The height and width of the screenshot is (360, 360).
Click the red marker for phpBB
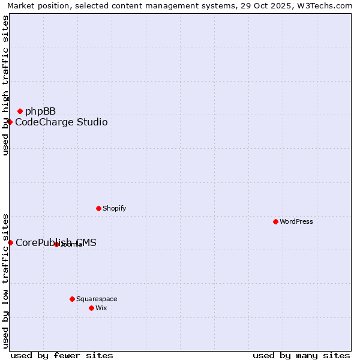[20, 111]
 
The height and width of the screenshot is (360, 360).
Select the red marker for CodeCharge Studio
[10, 122]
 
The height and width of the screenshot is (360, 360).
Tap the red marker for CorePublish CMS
[10, 242]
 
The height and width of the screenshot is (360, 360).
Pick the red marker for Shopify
[98, 208]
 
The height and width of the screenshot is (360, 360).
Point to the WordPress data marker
[275, 221]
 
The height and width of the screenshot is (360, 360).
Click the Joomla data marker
[56, 244]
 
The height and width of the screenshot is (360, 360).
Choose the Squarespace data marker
[72, 299]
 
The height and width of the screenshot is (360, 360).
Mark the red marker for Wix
[91, 308]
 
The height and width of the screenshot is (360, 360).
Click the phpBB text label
[40, 111]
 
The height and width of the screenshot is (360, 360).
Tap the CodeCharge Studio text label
[61, 122]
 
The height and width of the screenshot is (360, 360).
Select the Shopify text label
[114, 208]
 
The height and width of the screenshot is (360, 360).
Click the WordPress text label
[296, 221]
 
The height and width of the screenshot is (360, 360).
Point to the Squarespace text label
[97, 299]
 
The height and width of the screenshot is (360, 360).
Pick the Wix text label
[101, 308]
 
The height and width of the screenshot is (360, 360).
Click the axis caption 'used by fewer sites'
[62, 355]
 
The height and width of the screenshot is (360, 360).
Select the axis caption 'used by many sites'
[301, 355]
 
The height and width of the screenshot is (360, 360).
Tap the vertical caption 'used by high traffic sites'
[5, 85]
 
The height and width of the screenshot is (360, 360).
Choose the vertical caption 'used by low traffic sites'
[5, 281]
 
